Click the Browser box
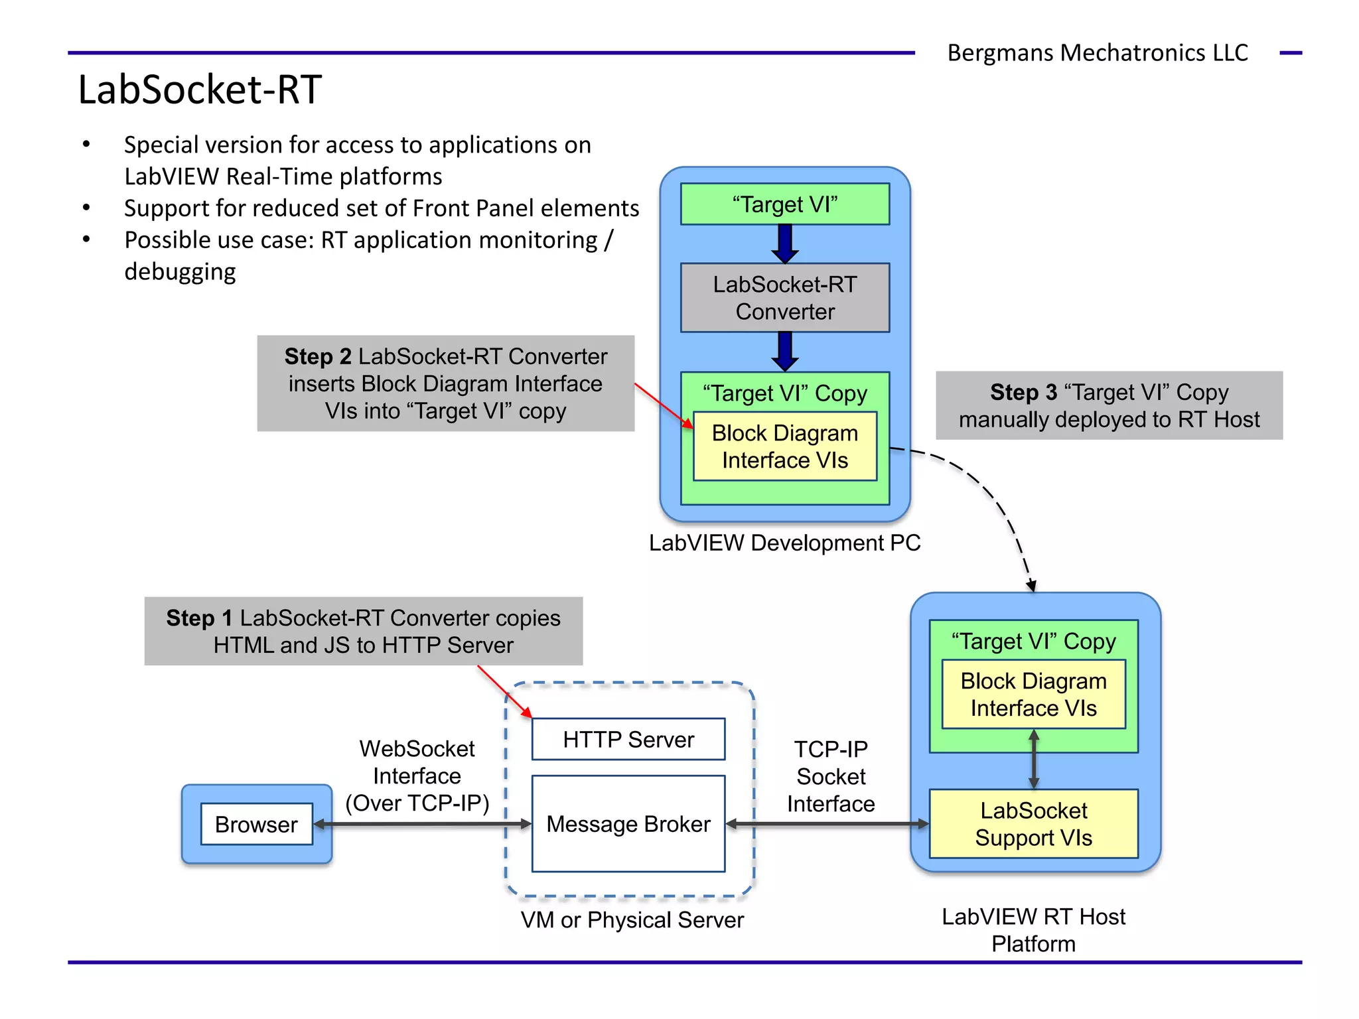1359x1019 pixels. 256,824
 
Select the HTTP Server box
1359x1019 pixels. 628,739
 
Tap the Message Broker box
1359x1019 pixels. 628,823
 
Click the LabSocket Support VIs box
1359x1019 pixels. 1033,824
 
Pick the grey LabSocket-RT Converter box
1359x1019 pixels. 784,298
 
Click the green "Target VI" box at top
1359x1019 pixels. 784,204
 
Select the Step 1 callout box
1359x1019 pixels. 363,631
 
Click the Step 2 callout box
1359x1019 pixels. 445,383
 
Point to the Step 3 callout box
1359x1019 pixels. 1109,405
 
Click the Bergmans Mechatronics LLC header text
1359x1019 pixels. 1098,52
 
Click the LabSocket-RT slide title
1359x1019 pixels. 200,90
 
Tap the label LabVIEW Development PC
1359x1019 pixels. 784,543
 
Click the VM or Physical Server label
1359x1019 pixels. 632,920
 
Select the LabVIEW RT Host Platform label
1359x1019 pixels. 1033,929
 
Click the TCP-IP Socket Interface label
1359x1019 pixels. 831,776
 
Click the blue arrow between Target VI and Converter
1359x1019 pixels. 784,243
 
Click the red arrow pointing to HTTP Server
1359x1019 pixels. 505,692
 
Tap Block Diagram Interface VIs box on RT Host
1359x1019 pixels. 1033,694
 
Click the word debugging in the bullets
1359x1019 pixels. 180,272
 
